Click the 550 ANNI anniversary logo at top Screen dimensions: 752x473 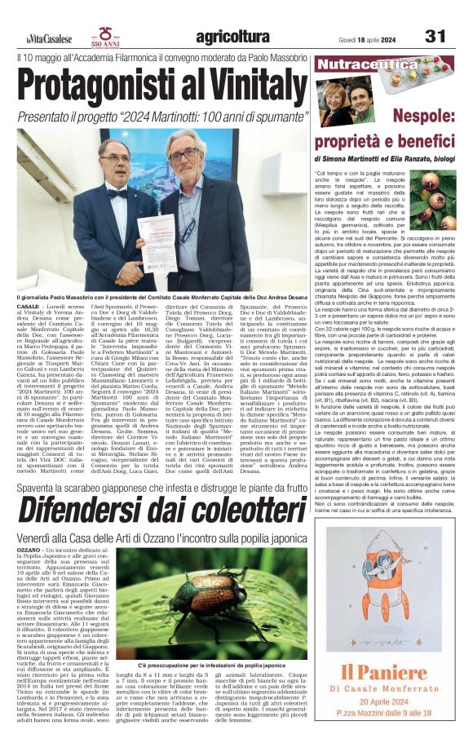point(106,36)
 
